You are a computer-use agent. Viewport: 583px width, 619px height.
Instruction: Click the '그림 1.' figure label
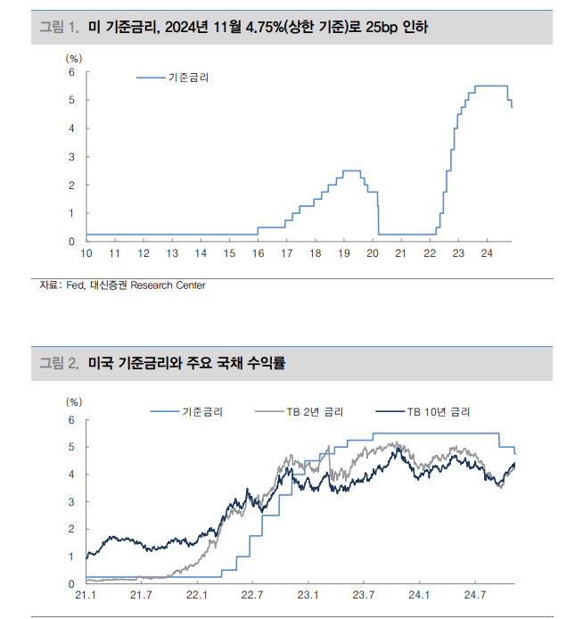[59, 28]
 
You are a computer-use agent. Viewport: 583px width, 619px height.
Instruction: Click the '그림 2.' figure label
[59, 363]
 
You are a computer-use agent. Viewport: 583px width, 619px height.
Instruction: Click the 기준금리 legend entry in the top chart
[188, 78]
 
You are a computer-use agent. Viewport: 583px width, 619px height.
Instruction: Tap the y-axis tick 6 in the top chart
[72, 71]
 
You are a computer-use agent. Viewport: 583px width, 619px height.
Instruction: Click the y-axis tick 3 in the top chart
[72, 157]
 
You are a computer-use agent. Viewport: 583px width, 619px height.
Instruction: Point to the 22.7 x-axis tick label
[252, 595]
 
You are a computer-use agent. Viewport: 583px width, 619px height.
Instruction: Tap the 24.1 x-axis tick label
[419, 595]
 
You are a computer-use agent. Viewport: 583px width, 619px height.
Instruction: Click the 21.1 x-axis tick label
[86, 595]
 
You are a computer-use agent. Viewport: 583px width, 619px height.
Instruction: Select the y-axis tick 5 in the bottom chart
[72, 447]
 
